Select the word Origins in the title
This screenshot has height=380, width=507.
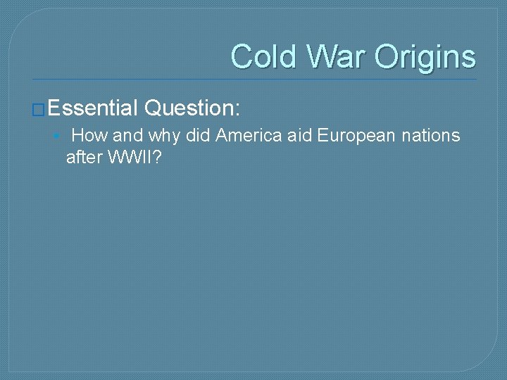425,57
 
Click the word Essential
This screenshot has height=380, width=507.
93,108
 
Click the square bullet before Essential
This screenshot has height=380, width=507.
39,109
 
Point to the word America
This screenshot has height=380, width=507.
249,135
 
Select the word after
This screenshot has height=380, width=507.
84,157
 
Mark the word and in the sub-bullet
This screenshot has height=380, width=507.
127,135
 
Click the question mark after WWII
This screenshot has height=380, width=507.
158,157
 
